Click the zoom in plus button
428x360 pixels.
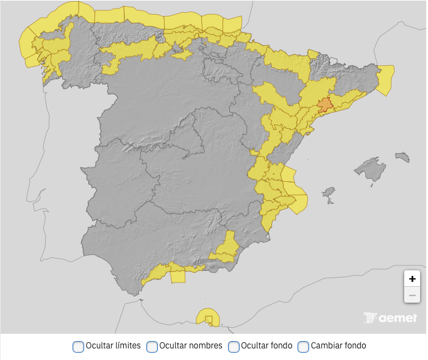coord(412,278)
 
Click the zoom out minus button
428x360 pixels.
coord(412,295)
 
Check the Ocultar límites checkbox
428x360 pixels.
coord(78,347)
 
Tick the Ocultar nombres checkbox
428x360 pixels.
coord(152,347)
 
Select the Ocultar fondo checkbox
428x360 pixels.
coord(234,347)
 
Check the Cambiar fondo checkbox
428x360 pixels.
coord(303,347)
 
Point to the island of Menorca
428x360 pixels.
coord(402,157)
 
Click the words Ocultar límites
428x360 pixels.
coord(113,345)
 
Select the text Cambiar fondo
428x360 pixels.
coord(338,345)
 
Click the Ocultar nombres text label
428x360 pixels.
coord(191,345)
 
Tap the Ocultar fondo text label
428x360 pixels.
coord(266,345)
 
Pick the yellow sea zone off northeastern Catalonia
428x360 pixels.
coord(385,80)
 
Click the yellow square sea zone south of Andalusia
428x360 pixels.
coord(178,277)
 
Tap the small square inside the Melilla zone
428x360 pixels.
coord(209,319)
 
